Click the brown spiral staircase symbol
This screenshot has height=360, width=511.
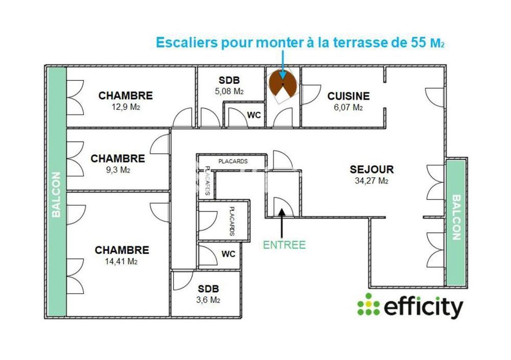tap(282, 84)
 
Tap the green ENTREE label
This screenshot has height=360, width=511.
tap(284, 245)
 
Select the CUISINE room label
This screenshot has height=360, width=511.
tap(349, 96)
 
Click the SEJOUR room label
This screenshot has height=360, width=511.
tap(371, 170)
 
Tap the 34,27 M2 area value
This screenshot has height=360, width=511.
tap(371, 180)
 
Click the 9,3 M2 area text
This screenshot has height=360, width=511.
tap(118, 170)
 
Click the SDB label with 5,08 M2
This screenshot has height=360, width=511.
tap(229, 81)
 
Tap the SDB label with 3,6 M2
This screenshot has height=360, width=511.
tap(208, 289)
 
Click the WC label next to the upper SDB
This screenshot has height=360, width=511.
tap(254, 115)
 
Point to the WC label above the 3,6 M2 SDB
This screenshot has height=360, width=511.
tap(228, 254)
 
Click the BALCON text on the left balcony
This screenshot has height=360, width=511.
tap(56, 194)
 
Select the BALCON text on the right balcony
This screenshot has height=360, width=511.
tap(456, 217)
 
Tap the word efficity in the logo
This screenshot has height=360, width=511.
tap(423, 306)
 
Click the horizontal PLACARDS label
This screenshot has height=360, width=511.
tap(233, 161)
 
